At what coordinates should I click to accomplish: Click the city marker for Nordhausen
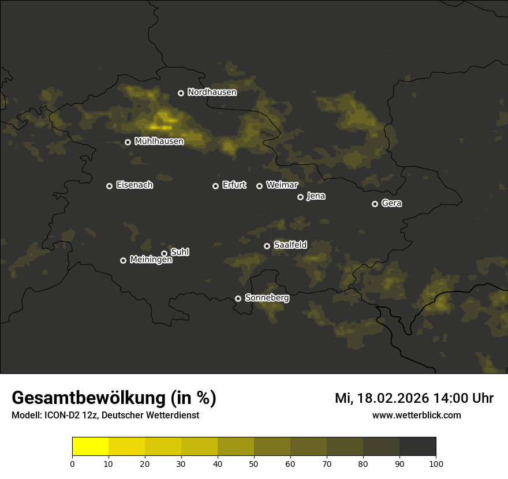point(181,93)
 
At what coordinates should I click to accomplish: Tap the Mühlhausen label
point(159,141)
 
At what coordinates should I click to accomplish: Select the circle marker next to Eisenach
point(109,186)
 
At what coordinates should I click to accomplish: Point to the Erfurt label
point(234,185)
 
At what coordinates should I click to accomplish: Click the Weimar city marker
point(259,186)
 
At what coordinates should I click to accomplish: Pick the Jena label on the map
point(316,196)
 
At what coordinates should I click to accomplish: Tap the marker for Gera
point(375,204)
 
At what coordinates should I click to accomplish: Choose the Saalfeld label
point(290,245)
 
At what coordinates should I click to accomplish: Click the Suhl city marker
point(164,253)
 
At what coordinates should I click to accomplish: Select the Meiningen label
point(151,260)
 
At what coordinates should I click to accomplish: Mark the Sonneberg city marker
point(238,298)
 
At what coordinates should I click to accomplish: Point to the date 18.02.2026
point(393,398)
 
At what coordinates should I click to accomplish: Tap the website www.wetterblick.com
point(416,415)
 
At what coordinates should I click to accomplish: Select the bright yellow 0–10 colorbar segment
point(90,447)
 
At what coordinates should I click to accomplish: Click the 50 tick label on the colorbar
point(254,463)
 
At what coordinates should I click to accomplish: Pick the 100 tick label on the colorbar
point(436,463)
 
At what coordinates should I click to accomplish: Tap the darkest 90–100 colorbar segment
point(417,447)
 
